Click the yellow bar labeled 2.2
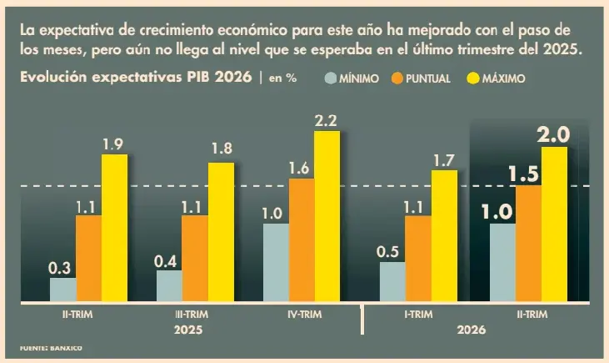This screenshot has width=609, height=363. click(327, 216)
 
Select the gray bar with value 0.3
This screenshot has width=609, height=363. click(63, 290)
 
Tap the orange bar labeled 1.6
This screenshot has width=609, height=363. click(302, 240)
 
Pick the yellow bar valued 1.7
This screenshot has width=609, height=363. click(444, 236)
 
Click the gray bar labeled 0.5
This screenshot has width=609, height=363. click(392, 282)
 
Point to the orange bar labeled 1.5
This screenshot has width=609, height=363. click(528, 243)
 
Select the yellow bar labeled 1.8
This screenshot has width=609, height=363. click(221, 232)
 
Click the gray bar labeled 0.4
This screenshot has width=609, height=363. click(169, 286)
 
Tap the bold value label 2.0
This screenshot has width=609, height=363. click(553, 135)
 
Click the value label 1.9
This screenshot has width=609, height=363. click(112, 144)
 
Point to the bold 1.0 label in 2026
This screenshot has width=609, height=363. click(497, 213)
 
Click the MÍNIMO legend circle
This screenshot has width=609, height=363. click(331, 78)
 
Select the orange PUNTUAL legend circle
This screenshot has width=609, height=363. click(397, 78)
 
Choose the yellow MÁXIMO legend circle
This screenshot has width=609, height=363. click(473, 78)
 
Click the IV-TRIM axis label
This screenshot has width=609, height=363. click(305, 315)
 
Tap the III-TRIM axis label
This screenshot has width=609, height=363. click(192, 315)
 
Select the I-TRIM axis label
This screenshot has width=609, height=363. click(418, 315)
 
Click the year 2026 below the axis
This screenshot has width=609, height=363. click(471, 330)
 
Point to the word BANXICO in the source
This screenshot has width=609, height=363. click(66, 348)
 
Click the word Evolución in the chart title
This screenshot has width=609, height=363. click(53, 77)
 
